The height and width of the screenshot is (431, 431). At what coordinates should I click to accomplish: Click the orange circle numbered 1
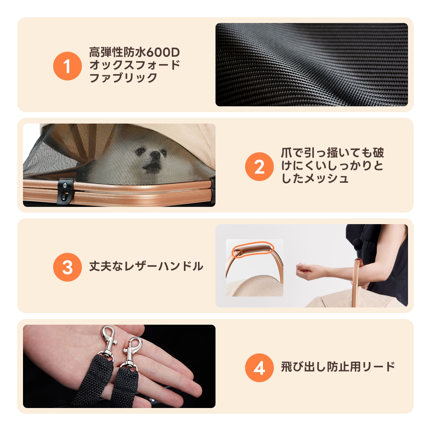(67, 66)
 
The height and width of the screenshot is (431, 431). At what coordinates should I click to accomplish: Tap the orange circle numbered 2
(259, 167)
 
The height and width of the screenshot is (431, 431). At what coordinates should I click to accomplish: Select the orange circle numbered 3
(67, 267)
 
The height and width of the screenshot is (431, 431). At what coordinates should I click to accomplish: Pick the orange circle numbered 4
(259, 368)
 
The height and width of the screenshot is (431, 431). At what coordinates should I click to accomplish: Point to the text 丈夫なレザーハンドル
(146, 266)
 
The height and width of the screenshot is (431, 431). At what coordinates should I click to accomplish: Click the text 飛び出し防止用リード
(338, 367)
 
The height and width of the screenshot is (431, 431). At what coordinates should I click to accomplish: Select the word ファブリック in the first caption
(123, 78)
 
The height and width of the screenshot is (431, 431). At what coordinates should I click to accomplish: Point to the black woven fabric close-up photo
(311, 65)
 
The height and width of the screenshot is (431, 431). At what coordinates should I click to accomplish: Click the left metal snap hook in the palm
(108, 342)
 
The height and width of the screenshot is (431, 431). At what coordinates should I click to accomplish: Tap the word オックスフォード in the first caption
(134, 65)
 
